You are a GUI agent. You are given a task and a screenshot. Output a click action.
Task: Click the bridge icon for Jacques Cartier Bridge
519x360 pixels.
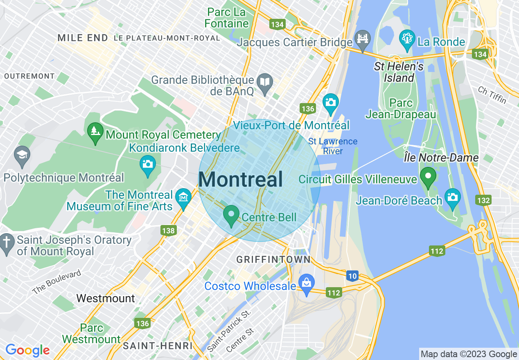coord(363,39)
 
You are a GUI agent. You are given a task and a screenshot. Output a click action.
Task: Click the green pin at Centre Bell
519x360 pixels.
coord(231,214)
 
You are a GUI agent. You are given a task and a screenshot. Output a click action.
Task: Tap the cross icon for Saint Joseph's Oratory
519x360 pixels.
coord(7,242)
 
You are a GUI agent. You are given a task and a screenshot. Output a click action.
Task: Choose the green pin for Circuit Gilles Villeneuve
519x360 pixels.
coord(428,177)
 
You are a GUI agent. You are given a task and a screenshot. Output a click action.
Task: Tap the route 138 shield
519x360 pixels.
coord(168,230)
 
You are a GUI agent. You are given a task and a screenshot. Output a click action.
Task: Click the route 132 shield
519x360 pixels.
coord(483,200)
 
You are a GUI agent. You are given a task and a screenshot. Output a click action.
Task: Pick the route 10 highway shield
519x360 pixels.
coord(352,276)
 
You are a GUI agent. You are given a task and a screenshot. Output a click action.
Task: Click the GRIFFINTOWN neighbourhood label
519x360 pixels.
coord(273,259)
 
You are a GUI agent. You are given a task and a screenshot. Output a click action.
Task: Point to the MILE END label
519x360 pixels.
coord(83,38)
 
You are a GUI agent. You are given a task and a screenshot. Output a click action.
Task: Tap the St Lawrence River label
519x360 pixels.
coord(333,146)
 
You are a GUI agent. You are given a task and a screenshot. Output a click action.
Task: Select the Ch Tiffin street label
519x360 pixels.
coord(492,95)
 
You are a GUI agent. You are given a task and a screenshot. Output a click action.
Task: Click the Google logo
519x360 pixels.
coord(27,350)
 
